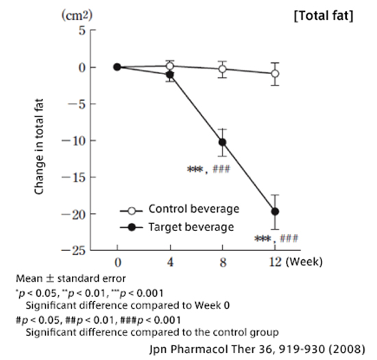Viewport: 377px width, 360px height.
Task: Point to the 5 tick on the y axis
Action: click(x=82, y=31)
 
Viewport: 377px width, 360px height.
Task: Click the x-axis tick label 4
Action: click(x=169, y=263)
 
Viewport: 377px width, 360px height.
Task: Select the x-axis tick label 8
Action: click(x=222, y=263)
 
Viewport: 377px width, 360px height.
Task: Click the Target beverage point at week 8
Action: click(x=222, y=143)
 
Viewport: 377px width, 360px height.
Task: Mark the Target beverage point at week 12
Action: click(x=275, y=212)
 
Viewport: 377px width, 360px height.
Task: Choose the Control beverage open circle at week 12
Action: click(x=275, y=73)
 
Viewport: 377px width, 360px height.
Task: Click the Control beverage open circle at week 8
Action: click(x=222, y=69)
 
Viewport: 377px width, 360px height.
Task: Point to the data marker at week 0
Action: click(x=117, y=67)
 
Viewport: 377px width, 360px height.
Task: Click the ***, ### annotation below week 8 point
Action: click(x=213, y=169)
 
